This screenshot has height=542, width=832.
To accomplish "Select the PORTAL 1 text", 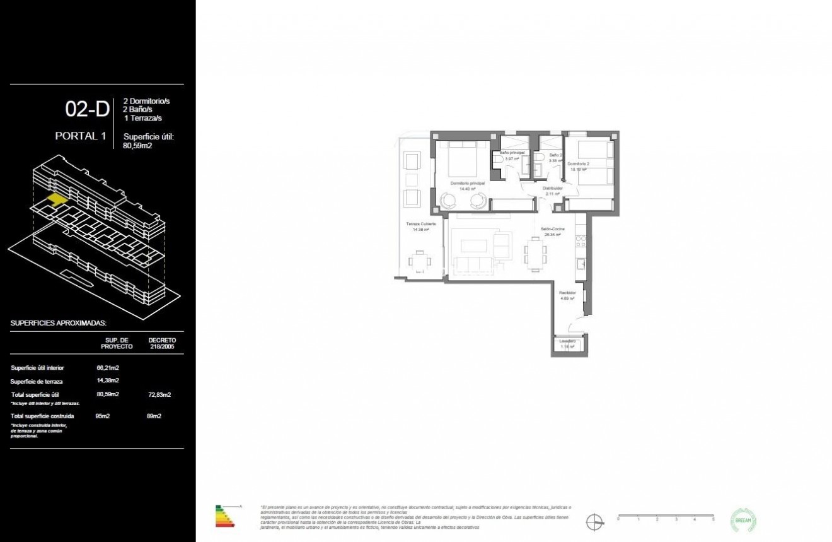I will (80, 136).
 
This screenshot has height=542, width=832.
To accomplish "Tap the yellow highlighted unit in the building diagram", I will (56, 199).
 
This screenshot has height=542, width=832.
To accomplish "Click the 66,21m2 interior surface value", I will (108, 368).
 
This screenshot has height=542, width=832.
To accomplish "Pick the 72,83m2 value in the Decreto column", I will (159, 395).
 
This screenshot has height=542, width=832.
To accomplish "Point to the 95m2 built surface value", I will (103, 416).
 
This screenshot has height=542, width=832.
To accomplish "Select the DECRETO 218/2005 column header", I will (162, 343).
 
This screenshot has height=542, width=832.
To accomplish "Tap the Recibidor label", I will (567, 295).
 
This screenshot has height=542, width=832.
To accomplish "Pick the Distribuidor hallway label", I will (553, 191).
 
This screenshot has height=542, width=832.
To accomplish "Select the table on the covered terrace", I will (420, 261).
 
